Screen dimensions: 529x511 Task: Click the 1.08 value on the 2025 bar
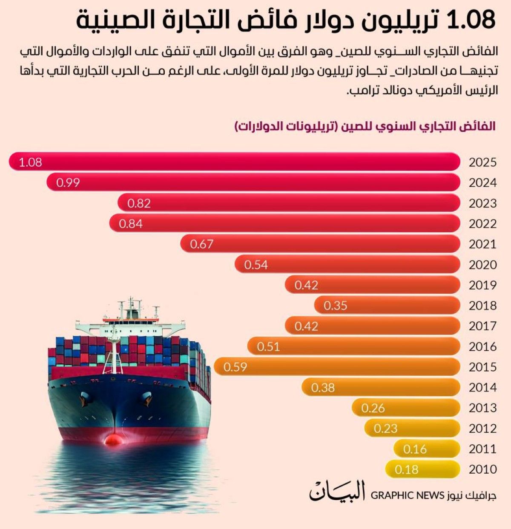click(30, 162)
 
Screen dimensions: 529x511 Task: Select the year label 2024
click(482, 183)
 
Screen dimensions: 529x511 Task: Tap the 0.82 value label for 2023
click(139, 203)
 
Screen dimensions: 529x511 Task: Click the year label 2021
click(482, 244)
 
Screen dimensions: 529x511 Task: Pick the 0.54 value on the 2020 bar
click(256, 265)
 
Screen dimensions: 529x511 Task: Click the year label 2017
click(482, 326)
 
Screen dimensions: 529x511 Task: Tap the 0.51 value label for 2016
click(268, 347)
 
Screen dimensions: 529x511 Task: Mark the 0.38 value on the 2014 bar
click(323, 388)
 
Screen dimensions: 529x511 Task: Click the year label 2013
click(482, 408)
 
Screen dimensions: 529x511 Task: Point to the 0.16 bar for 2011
click(426, 449)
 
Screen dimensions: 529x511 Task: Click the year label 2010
click(482, 469)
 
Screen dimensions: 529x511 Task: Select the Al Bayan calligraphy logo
click(337, 492)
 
